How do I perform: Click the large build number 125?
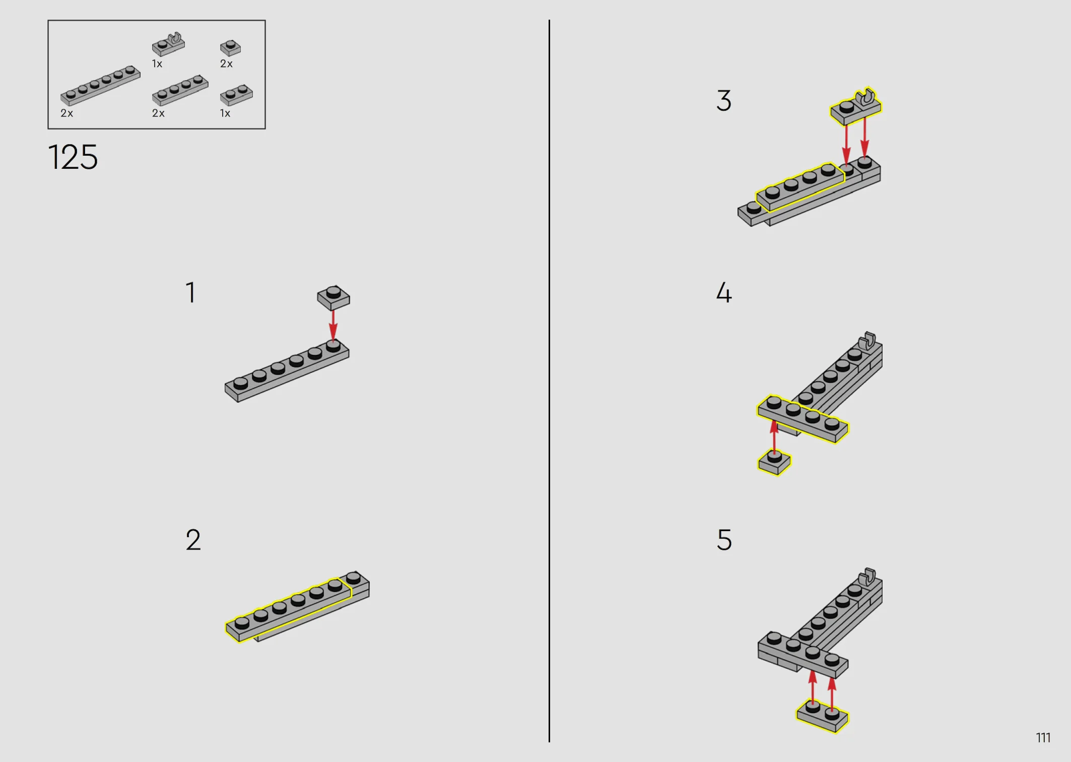(x=73, y=157)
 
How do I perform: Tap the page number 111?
(x=1043, y=738)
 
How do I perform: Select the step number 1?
(x=190, y=292)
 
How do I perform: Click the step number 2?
(x=193, y=540)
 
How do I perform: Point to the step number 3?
(x=724, y=101)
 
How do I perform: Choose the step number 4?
(x=724, y=292)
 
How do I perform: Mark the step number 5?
(x=724, y=540)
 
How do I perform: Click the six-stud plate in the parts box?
(x=100, y=85)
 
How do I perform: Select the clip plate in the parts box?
(x=169, y=44)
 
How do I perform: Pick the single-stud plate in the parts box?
(x=230, y=48)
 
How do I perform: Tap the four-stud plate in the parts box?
(x=180, y=90)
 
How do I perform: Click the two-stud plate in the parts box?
(x=236, y=95)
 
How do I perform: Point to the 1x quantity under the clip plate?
(x=157, y=64)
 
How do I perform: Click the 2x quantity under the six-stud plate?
(x=66, y=113)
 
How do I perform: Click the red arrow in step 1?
(x=333, y=325)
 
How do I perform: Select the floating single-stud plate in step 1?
(x=333, y=298)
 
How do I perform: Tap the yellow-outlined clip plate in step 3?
(x=856, y=107)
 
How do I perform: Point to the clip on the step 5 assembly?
(x=867, y=576)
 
